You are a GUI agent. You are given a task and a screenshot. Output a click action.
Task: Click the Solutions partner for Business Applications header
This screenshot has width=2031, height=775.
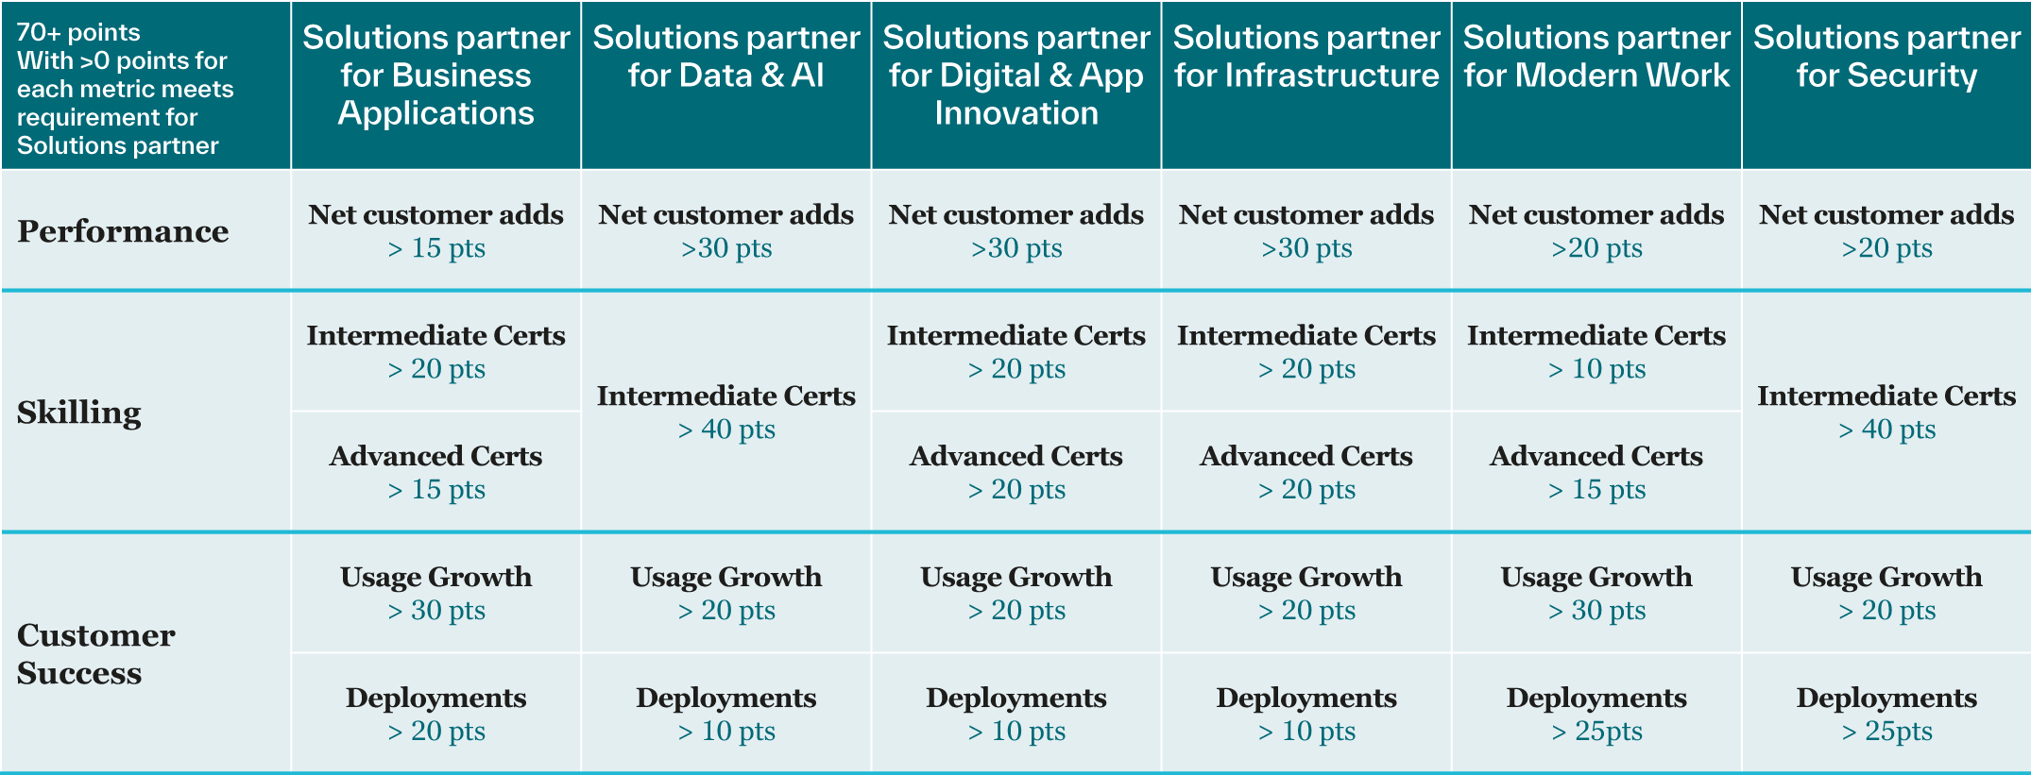click(x=435, y=76)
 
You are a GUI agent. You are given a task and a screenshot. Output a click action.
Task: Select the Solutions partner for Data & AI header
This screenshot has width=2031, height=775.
click(x=725, y=57)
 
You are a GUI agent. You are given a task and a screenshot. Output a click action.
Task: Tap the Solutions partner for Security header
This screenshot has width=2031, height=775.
click(x=1886, y=57)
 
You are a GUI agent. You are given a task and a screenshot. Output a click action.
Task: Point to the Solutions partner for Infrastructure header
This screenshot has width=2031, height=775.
click(x=1306, y=57)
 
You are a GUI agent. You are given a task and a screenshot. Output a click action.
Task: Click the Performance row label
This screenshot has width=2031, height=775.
click(x=123, y=231)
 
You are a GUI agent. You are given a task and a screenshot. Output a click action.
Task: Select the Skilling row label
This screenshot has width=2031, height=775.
click(x=79, y=413)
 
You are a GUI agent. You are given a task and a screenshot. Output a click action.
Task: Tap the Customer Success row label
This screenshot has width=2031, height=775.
click(x=96, y=653)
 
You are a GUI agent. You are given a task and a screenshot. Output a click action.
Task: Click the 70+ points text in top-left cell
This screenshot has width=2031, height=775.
click(x=78, y=32)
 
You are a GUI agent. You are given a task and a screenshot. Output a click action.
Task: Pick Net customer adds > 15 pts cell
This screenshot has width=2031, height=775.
click(x=435, y=231)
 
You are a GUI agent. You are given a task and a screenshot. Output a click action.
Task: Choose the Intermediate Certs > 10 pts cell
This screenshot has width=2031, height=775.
click(x=1596, y=352)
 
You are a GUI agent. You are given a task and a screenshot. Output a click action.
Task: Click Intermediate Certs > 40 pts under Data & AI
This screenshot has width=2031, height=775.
click(x=725, y=413)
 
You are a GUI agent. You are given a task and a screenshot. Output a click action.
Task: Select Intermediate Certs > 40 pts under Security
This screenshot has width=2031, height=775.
click(x=1886, y=413)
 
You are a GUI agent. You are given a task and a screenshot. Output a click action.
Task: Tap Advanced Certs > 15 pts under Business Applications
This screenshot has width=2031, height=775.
click(x=435, y=473)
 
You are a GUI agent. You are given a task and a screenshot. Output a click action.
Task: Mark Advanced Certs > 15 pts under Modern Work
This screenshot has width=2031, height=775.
click(x=1596, y=473)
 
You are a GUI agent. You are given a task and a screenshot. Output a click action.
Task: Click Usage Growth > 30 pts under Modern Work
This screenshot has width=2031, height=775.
click(x=1596, y=594)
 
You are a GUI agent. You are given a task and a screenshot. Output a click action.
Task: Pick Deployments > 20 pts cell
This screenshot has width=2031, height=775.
click(x=435, y=715)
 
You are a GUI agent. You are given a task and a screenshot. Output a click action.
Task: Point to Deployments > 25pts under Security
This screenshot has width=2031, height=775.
click(x=1886, y=715)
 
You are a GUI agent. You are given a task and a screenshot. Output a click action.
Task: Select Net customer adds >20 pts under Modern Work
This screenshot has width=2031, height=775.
click(x=1596, y=231)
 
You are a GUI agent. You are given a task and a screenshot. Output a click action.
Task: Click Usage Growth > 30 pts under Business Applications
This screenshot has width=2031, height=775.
click(x=435, y=594)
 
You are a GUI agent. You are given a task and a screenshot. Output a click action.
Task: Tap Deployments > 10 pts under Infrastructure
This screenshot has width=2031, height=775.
click(x=1306, y=715)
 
